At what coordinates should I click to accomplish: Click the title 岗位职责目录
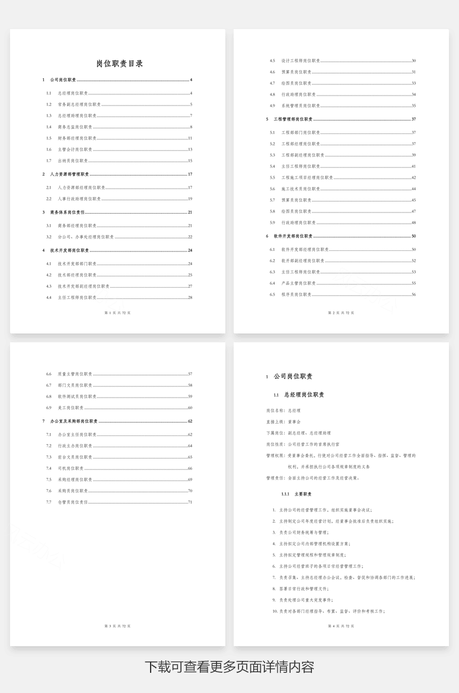119,63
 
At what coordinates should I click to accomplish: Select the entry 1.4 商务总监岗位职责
75,127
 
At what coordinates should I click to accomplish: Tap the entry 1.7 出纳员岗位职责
73,161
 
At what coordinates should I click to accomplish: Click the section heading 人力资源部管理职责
69,174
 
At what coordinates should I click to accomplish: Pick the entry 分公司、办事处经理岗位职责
86,237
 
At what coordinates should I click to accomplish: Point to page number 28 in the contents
190,297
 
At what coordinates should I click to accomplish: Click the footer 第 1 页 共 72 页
117,312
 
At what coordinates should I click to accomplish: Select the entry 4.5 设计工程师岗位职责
301,61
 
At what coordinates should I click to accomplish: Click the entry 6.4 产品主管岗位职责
299,283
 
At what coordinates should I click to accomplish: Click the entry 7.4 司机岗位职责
71,468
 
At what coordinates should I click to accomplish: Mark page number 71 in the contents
190,503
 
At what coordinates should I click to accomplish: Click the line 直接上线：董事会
284,421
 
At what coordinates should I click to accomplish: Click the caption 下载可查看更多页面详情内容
230,666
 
